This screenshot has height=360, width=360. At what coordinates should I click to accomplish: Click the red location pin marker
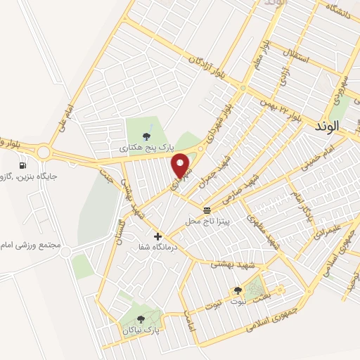(x=182, y=166)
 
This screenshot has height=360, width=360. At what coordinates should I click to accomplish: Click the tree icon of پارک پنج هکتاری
(x=146, y=137)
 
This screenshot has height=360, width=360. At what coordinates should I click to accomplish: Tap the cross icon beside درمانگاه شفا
(x=157, y=237)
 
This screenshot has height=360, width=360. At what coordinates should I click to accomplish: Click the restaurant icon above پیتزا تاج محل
(x=207, y=210)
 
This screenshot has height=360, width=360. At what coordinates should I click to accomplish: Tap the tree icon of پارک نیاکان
(x=141, y=319)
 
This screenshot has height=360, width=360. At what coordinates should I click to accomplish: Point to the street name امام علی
(x=67, y=116)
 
